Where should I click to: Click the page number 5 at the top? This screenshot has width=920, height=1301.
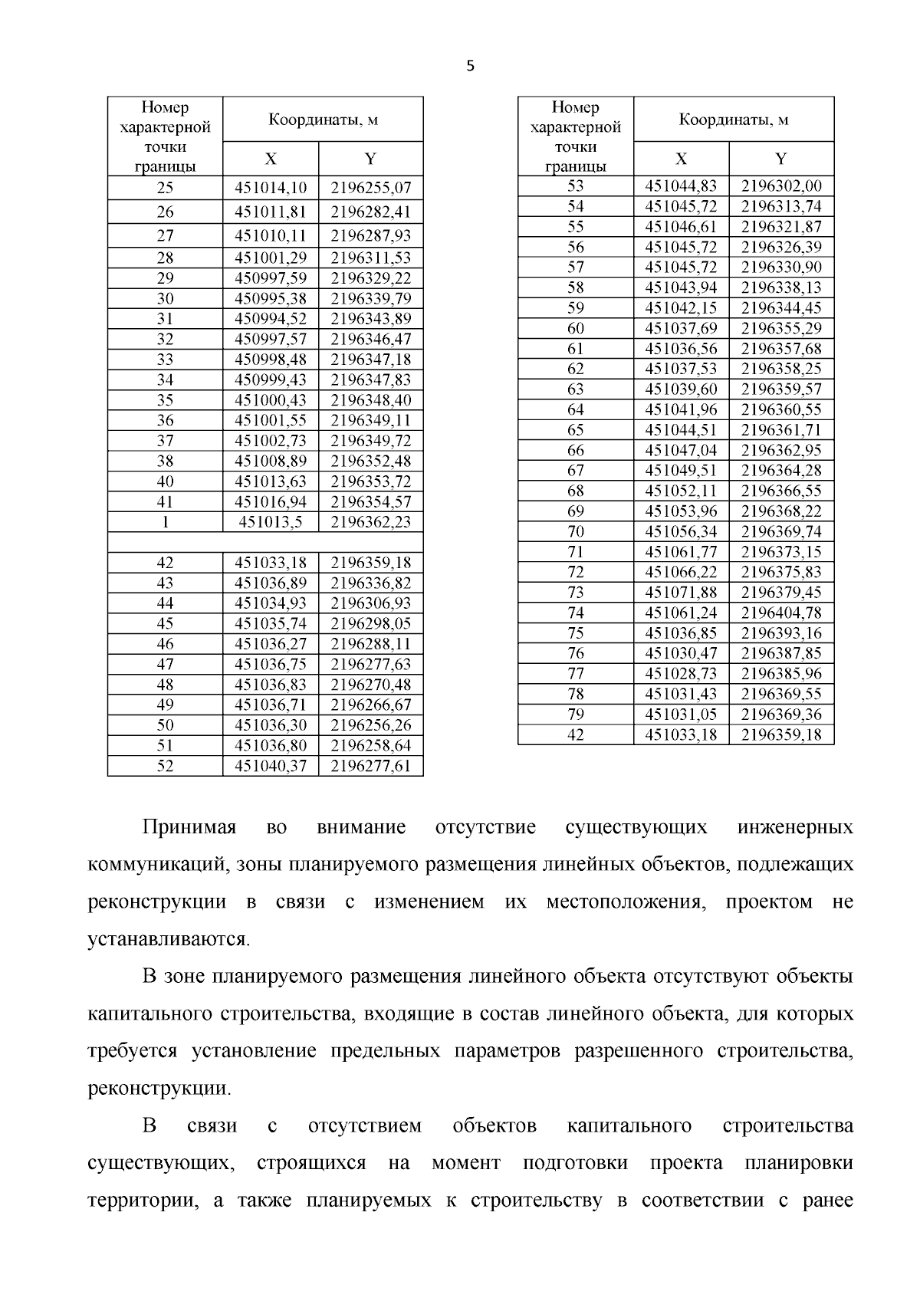[470, 67]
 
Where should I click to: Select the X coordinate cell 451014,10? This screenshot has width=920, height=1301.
[270, 188]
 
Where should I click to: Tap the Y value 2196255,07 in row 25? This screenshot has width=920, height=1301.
[370, 188]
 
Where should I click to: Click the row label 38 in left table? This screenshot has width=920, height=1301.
[165, 462]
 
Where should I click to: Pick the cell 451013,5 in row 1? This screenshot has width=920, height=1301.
[270, 522]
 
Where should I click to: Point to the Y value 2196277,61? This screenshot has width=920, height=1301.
[370, 766]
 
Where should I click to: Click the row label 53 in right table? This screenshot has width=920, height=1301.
[575, 186]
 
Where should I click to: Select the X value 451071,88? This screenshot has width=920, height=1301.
[681, 593]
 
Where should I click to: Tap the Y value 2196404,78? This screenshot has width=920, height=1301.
[781, 613]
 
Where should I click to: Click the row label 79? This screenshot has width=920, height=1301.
[575, 715]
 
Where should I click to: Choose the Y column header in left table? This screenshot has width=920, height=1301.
[370, 159]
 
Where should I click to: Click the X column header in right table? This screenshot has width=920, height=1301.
[681, 159]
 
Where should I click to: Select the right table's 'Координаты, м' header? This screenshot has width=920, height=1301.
[733, 120]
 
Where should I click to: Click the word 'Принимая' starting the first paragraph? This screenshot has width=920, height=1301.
[189, 828]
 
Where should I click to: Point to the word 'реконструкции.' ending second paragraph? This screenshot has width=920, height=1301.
[159, 1089]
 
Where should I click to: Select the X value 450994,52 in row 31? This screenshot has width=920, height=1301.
[270, 319]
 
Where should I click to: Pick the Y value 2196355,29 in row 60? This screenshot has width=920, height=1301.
[781, 329]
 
